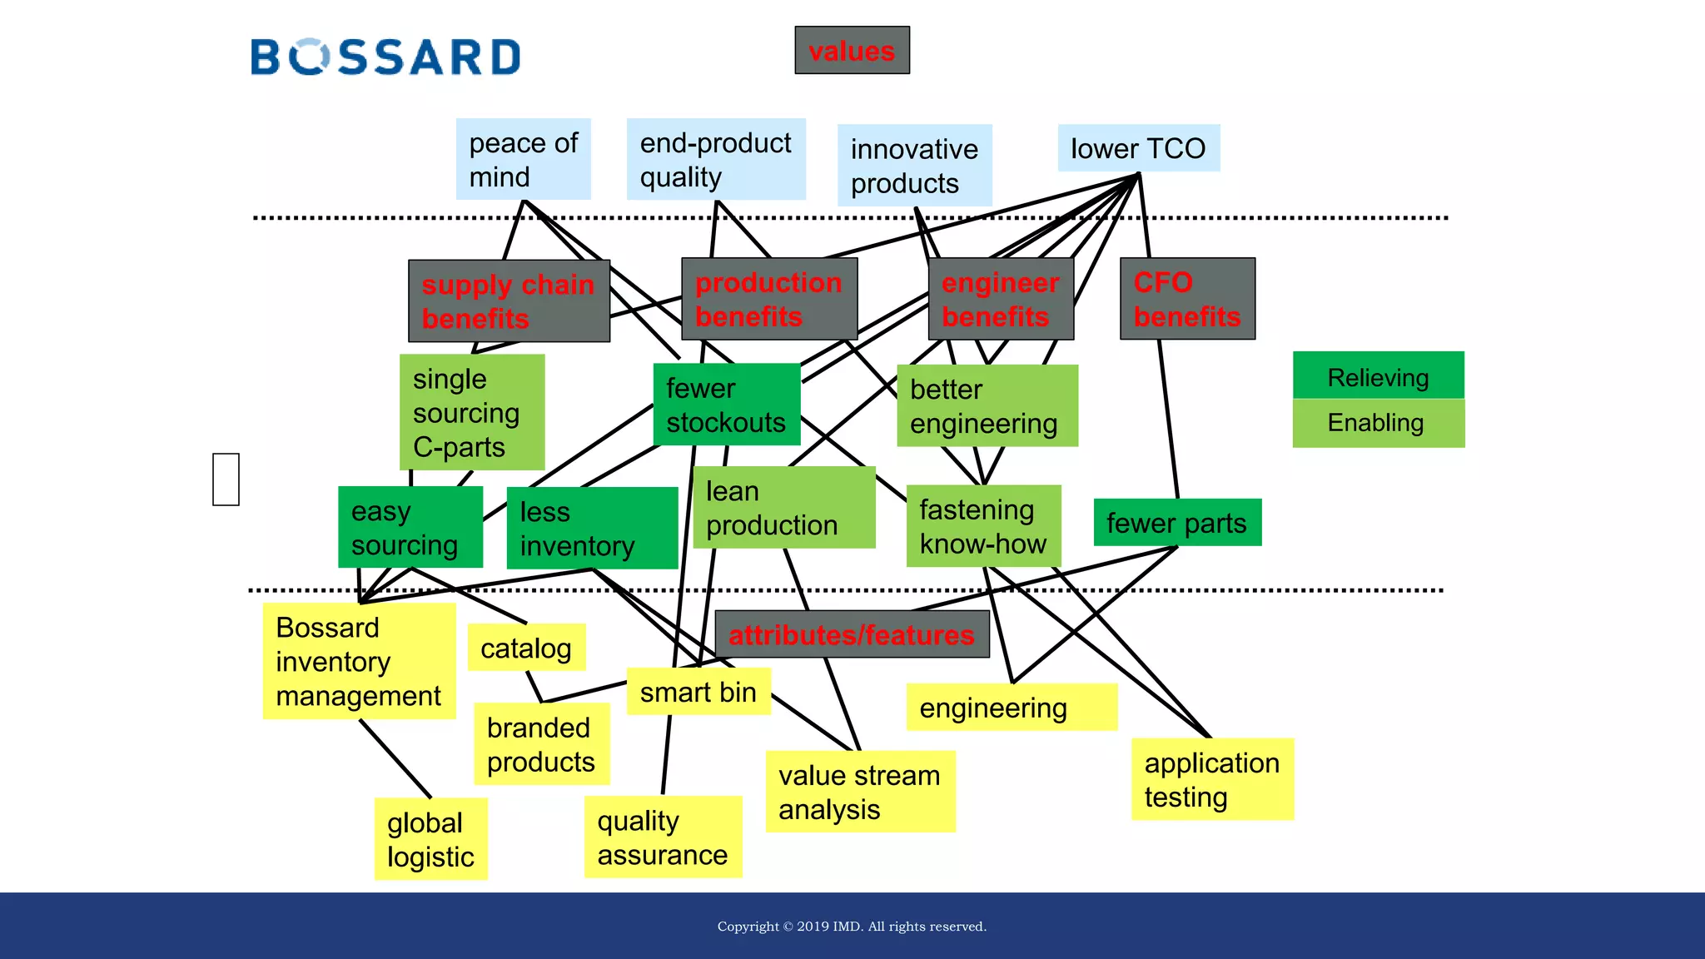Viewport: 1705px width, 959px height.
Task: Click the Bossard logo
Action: coord(385,57)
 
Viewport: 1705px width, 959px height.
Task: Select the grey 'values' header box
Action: coord(852,51)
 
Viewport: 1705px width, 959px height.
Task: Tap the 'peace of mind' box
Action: coord(523,159)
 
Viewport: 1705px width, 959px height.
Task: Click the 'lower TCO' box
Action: coord(1138,148)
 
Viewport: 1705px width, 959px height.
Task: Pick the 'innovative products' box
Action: coord(914,166)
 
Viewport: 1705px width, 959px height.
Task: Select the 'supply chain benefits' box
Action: coord(509,301)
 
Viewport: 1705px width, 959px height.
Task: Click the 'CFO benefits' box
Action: coord(1187,299)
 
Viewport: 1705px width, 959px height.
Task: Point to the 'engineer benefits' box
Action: coord(1001,299)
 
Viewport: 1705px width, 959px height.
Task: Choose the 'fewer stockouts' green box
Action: coord(726,405)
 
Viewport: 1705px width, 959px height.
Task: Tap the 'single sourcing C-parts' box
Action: coord(472,412)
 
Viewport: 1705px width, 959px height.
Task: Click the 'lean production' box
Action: coord(783,508)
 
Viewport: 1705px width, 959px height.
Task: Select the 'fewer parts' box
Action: coord(1176,523)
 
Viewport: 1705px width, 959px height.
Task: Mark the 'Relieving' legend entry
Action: coord(1378,376)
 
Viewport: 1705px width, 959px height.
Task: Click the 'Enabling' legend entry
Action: coord(1378,423)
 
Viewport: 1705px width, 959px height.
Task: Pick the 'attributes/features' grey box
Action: coord(852,634)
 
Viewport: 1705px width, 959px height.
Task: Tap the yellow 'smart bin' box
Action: coord(698,692)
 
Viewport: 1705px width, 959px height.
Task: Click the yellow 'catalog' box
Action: coord(526,648)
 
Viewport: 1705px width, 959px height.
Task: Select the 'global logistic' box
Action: coord(430,839)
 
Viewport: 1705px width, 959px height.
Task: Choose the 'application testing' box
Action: coord(1212,779)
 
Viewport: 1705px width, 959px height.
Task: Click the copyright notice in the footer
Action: coord(852,927)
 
